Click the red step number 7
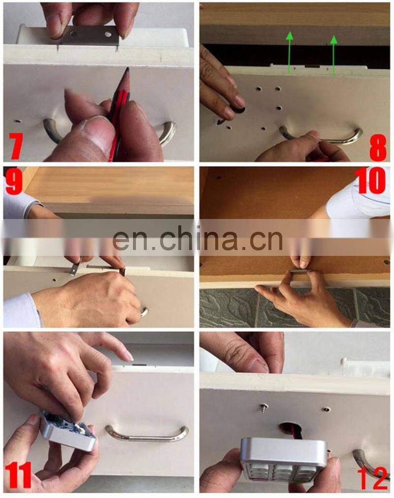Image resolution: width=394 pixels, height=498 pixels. point(16,146)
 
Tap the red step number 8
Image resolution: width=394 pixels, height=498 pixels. point(378,147)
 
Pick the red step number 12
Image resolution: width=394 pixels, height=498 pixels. point(373,478)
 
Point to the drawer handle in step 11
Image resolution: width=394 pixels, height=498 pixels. point(147,434)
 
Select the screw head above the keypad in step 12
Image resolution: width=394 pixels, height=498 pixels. point(263,407)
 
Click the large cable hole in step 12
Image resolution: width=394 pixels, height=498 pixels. point(288,427)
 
